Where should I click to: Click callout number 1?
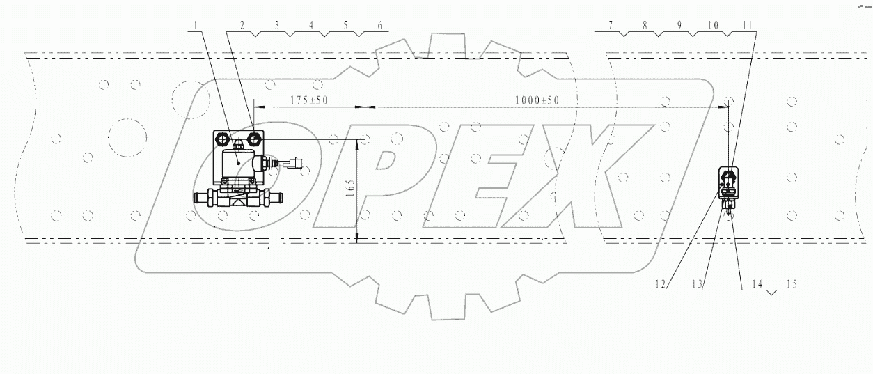click(x=196, y=26)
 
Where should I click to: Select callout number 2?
click(x=242, y=26)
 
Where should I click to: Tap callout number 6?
click(x=379, y=26)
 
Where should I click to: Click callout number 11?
click(x=747, y=26)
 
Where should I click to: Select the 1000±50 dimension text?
click(x=537, y=100)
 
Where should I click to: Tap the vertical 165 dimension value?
click(x=349, y=188)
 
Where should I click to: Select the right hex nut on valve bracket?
click(x=254, y=139)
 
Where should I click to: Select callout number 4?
click(x=310, y=26)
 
